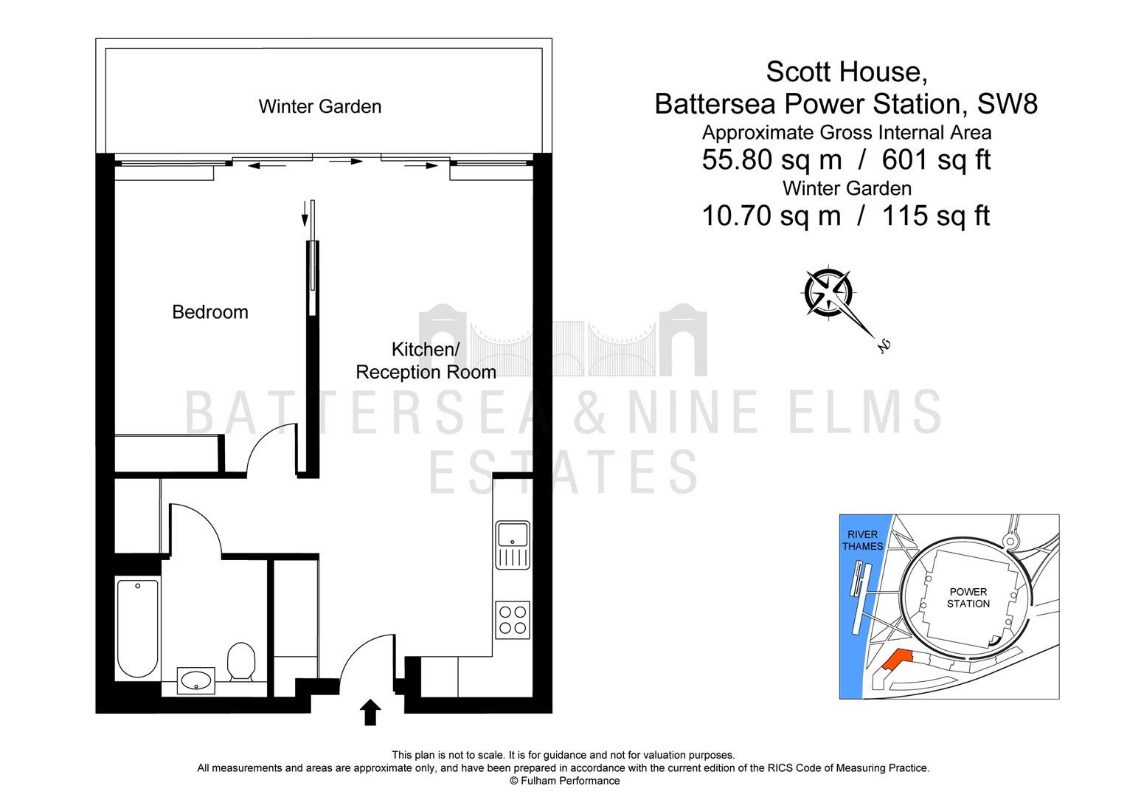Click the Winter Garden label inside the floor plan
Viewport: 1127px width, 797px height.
coord(320,107)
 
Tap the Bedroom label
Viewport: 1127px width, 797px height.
coord(210,312)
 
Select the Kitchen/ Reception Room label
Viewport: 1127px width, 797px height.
coord(426,360)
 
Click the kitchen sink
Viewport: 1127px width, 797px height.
coord(512,545)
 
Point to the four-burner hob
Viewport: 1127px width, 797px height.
coord(512,621)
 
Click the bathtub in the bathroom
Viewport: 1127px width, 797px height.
coord(137,629)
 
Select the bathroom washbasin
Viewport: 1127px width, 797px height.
coord(195,681)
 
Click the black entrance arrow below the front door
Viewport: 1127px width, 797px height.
coord(370,712)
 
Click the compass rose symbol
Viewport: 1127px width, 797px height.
coord(828,293)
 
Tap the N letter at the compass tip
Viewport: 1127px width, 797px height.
coord(884,346)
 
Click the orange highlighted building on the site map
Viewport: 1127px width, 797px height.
coord(896,660)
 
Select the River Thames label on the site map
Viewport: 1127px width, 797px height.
coord(862,540)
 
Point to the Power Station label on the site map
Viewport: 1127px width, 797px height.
coord(968,598)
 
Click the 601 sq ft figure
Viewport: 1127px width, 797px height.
coord(936,159)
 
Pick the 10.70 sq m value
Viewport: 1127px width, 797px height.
coord(771,215)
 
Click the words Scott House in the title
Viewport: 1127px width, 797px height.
coord(846,72)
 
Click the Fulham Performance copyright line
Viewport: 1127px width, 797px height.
coord(564,781)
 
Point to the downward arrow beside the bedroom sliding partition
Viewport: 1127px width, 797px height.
coord(305,214)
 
